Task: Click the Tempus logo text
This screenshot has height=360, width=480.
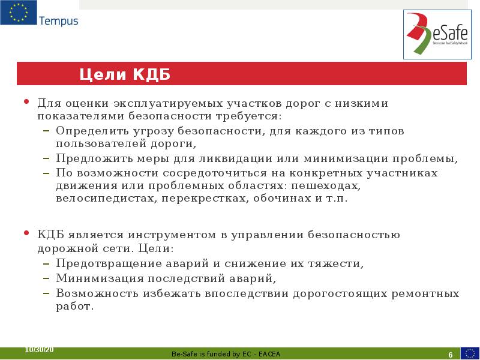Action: [58, 21]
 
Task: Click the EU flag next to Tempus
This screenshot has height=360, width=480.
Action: [18, 13]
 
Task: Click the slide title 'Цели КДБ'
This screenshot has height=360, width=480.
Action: [125, 74]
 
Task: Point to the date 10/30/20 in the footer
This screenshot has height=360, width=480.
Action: [40, 350]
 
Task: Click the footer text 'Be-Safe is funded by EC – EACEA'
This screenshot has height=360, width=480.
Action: [226, 354]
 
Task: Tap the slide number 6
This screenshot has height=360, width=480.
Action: [449, 354]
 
